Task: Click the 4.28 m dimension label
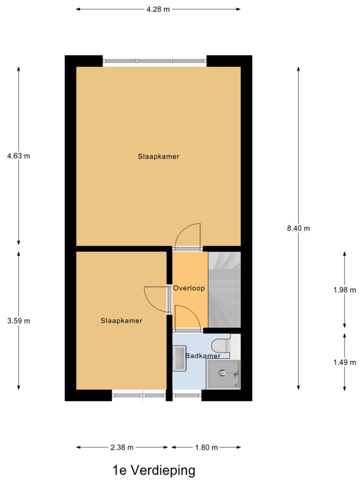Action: (158, 9)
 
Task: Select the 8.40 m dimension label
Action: (298, 228)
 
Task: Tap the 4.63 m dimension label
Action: (18, 156)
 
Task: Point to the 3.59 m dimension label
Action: (18, 321)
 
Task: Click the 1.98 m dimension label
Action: (344, 290)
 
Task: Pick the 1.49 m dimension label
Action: (344, 363)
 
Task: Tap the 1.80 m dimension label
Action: (206, 447)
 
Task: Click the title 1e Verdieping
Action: (154, 471)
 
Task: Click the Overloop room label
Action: (189, 288)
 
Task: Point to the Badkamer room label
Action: (203, 356)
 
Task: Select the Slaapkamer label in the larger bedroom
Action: (159, 156)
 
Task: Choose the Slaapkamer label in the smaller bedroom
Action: (121, 320)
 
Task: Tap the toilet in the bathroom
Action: (222, 346)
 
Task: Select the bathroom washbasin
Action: (180, 358)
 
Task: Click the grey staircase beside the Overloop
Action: (225, 289)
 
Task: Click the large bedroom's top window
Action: (155, 61)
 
